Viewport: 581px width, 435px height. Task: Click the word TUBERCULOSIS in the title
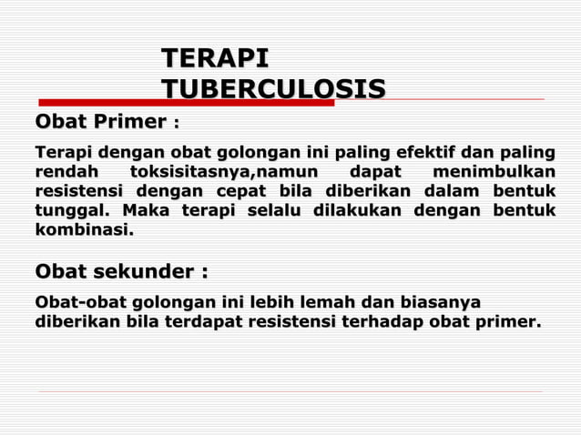(x=273, y=88)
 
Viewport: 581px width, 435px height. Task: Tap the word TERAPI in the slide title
(x=215, y=59)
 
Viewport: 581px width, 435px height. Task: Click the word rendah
(x=65, y=171)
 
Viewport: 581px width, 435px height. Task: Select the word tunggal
(x=70, y=211)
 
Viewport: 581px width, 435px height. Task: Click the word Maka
(x=148, y=211)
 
